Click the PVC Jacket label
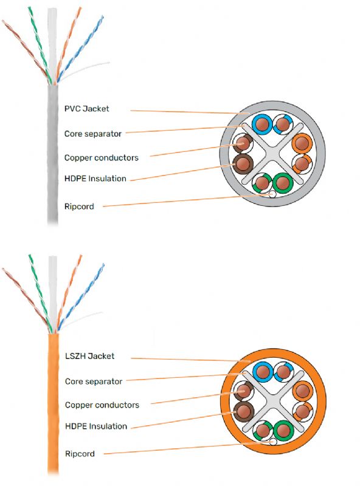pyautogui.click(x=86, y=109)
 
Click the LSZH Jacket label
pyautogui.click(x=89, y=356)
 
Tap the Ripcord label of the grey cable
pyautogui.click(x=79, y=207)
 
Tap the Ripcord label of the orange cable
pyautogui.click(x=80, y=454)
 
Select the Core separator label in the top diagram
pyautogui.click(x=93, y=134)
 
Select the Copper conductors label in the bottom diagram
pyautogui.click(x=102, y=405)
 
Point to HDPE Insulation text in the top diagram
pyautogui.click(x=95, y=179)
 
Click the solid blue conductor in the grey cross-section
pyautogui.click(x=261, y=125)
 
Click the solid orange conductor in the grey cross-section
pyautogui.click(x=302, y=143)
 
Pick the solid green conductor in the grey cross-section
pyautogui.click(x=283, y=182)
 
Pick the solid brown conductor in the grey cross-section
pyautogui.click(x=243, y=163)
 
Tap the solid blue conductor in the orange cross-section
pyautogui.click(x=263, y=372)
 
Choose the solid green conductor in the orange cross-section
pyautogui.click(x=283, y=430)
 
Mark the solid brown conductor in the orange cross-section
pyautogui.click(x=243, y=411)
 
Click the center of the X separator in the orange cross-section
pyautogui.click(x=273, y=401)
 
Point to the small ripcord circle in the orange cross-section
pyautogui.click(x=273, y=442)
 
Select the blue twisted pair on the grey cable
pyautogui.click(x=81, y=48)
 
